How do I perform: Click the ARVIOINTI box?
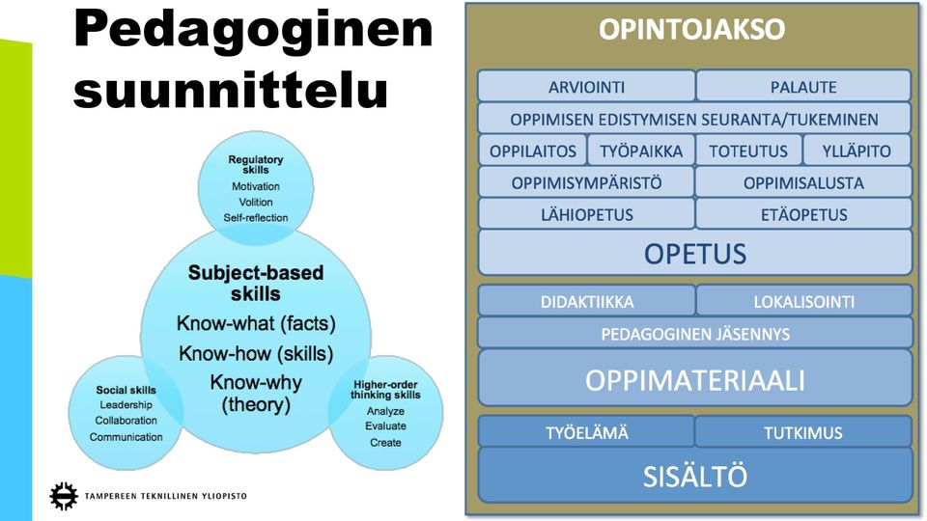[x=586, y=86]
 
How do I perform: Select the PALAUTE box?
[x=803, y=86]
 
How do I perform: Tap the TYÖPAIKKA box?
[x=641, y=151]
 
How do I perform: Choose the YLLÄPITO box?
[x=857, y=151]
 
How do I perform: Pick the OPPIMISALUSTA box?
[x=803, y=182]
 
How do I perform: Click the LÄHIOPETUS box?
[x=586, y=214]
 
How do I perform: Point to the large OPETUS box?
[x=694, y=253]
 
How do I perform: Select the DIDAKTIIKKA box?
[x=586, y=301]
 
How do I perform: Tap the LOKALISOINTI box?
[x=804, y=301]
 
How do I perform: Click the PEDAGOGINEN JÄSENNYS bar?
[x=694, y=333]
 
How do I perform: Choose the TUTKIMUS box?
[x=802, y=432]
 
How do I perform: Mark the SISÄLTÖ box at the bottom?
[x=694, y=476]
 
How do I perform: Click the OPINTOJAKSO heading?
[x=691, y=29]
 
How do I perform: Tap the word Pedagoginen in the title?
[x=253, y=31]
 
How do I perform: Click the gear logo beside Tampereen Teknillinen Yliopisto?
[x=64, y=496]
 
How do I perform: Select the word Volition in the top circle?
[x=255, y=202]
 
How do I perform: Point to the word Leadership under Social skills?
[x=126, y=405]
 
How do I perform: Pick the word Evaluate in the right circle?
[x=385, y=425]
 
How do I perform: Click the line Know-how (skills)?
[x=256, y=353]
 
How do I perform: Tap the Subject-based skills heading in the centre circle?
[x=256, y=283]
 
